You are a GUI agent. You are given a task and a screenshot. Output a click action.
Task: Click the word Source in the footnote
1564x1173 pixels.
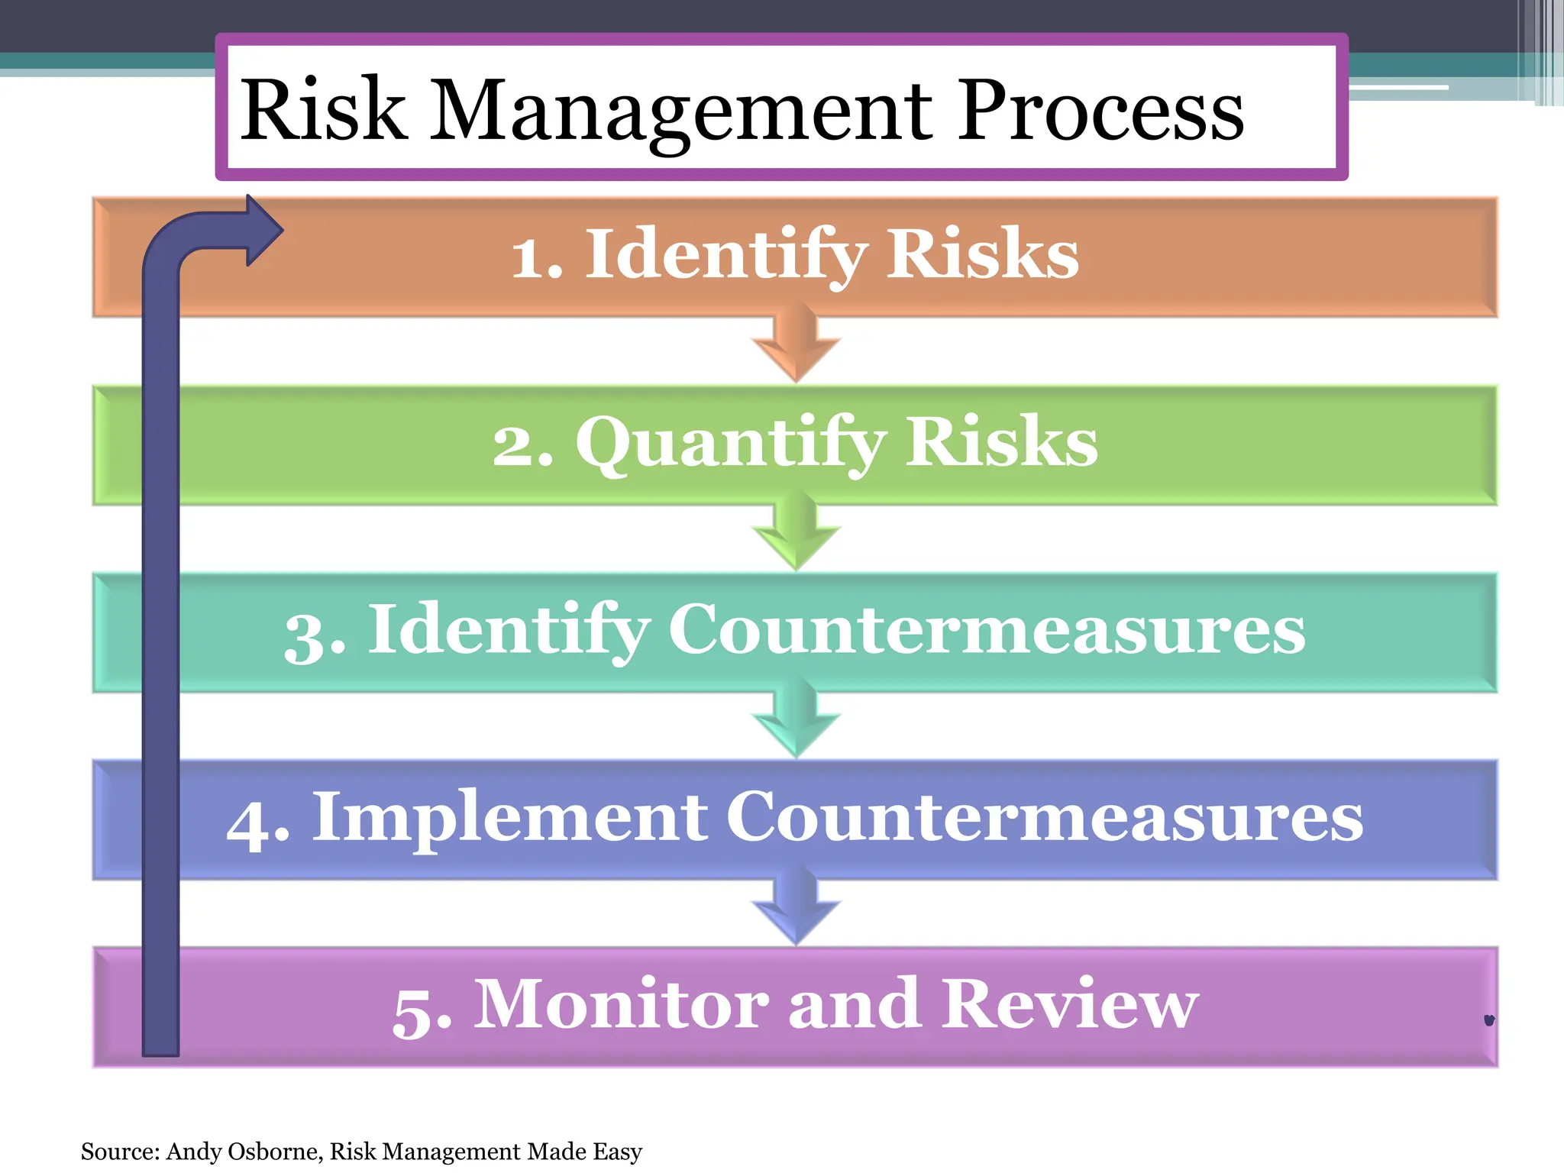(119, 1151)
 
